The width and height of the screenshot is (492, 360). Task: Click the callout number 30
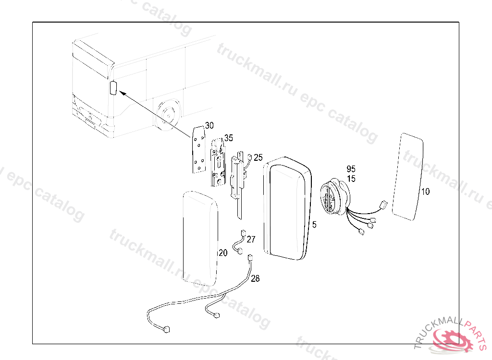coord(209,126)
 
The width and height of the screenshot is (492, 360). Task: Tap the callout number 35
coord(228,138)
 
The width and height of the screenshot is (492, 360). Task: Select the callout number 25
coord(258,157)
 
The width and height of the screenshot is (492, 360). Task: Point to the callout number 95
coord(351,169)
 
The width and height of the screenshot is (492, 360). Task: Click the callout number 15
coord(351,179)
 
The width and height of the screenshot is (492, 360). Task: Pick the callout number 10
coord(425,192)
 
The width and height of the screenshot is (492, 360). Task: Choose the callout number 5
coord(314,224)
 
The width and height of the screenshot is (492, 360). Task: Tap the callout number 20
coord(223,253)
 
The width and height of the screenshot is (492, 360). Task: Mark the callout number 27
coord(251,239)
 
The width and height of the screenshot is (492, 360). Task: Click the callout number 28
coord(255,278)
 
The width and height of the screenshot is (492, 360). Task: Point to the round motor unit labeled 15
coord(332,197)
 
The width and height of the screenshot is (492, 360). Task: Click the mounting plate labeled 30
coord(198,149)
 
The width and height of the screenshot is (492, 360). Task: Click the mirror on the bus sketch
coord(113,88)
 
